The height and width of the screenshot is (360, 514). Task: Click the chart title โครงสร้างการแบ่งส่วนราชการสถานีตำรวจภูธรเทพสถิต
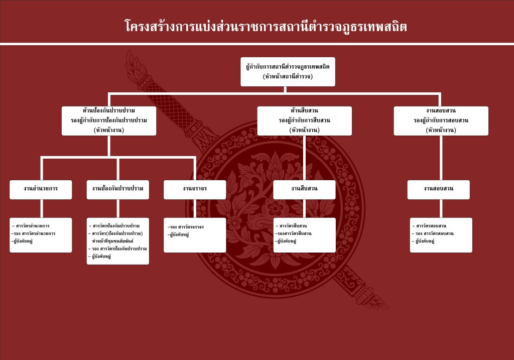pyautogui.click(x=266, y=26)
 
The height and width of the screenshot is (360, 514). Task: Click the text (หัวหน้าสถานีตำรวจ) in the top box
pyautogui.click(x=288, y=76)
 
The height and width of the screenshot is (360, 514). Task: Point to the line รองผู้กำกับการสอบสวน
pyautogui.click(x=441, y=121)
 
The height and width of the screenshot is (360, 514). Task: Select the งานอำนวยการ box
pyautogui.click(x=41, y=189)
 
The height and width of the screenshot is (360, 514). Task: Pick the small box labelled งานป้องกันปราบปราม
pyautogui.click(x=118, y=189)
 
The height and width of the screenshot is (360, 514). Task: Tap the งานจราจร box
pyautogui.click(x=195, y=189)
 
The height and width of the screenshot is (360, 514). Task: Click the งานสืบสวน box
pyautogui.click(x=305, y=189)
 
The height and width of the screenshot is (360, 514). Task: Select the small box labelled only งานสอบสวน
pyautogui.click(x=438, y=189)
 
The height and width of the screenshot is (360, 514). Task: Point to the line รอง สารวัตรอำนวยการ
pyautogui.click(x=34, y=233)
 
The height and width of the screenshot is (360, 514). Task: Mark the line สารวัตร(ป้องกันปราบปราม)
pyautogui.click(x=117, y=233)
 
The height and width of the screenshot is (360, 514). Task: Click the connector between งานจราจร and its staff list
pyautogui.click(x=195, y=208)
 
